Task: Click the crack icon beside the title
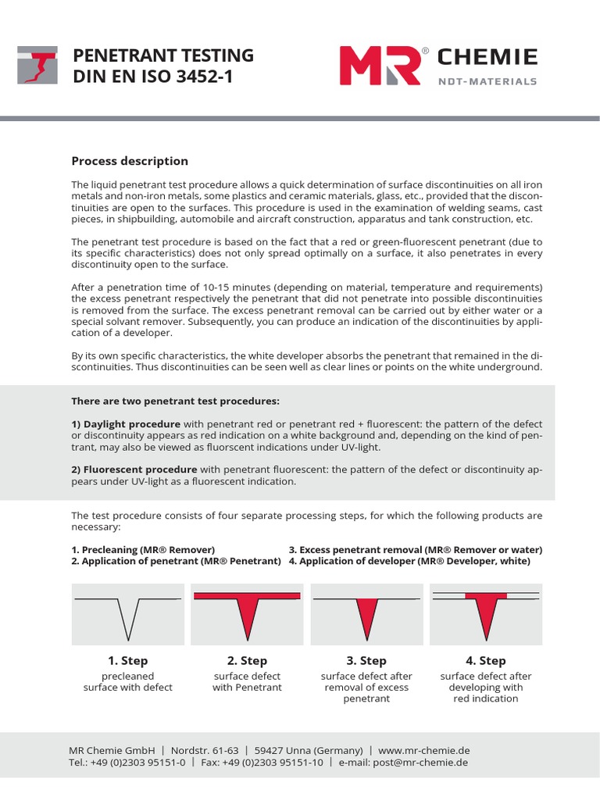click(37, 65)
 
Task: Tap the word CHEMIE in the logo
click(487, 57)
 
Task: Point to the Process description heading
click(130, 161)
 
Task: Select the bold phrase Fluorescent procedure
click(134, 470)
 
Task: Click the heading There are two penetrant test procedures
click(175, 402)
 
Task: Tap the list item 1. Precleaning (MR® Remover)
click(143, 550)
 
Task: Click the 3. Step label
click(366, 661)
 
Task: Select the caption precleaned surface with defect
click(128, 681)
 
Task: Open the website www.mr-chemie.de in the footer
click(423, 748)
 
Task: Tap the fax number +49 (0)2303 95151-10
click(273, 762)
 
